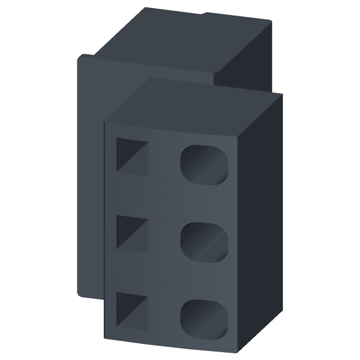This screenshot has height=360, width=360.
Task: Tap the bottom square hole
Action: pos(131,309)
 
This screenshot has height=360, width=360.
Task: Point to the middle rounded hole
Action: pos(205,241)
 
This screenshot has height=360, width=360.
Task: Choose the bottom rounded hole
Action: pos(205,318)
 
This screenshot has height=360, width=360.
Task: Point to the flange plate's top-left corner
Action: pos(80,56)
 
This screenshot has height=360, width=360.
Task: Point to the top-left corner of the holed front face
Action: pos(105,123)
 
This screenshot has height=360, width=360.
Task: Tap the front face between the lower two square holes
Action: pos(131,271)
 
